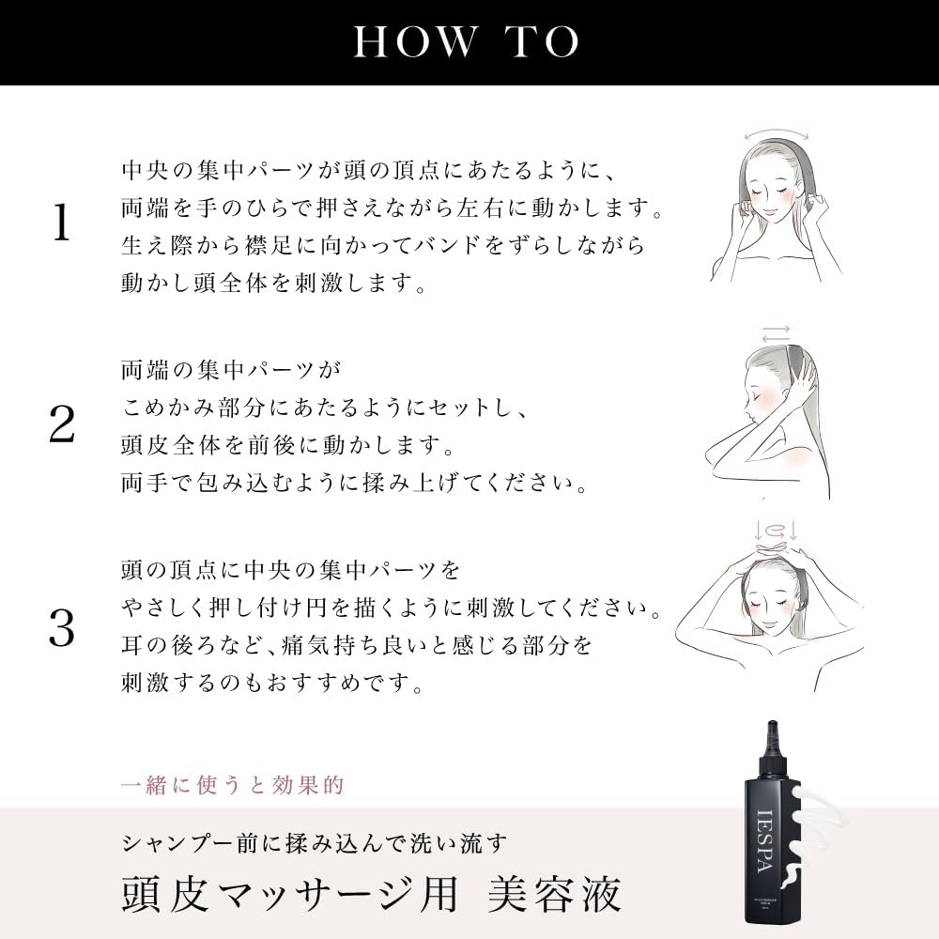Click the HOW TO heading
tap(467, 41)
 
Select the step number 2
tap(61, 425)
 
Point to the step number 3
tap(61, 628)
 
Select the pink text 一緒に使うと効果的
tap(233, 785)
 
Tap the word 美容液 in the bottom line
tap(554, 894)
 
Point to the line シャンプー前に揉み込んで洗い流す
tap(315, 841)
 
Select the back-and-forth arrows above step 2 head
tap(776, 333)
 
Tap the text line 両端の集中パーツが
tap(228, 370)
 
